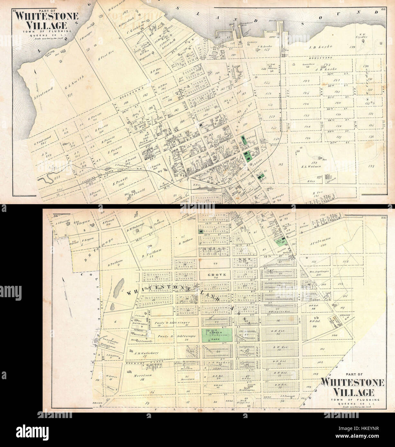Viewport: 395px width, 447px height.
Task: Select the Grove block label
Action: (x=215, y=275)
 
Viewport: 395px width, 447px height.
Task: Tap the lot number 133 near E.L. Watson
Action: (x=372, y=166)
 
